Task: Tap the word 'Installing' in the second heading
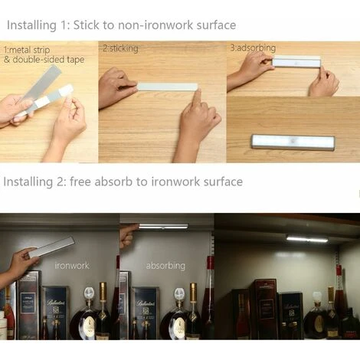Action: [x=28, y=182]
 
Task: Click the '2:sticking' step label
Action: [x=120, y=48]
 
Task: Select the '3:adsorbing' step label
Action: [x=253, y=47]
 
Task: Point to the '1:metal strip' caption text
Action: [x=27, y=50]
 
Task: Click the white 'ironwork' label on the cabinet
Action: [x=72, y=266]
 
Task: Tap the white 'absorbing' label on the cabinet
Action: [x=165, y=266]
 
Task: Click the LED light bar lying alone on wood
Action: [x=293, y=142]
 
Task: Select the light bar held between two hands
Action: [x=296, y=61]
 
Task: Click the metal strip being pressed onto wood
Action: [x=167, y=87]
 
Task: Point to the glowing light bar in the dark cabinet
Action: [x=307, y=239]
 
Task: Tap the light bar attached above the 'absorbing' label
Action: [x=164, y=226]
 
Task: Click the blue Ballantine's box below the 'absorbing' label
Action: [x=146, y=313]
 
